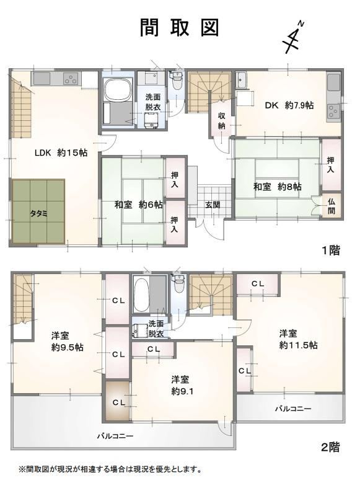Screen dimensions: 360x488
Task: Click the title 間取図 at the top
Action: tap(179, 27)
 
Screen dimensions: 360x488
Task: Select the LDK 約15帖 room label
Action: tap(61, 153)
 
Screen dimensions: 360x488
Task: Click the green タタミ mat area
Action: tap(38, 211)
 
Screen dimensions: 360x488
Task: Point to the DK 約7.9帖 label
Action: tap(289, 105)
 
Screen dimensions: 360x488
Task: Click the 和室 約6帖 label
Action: tap(139, 205)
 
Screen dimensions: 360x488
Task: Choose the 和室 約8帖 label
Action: tap(278, 187)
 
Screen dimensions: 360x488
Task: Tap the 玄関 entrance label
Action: tap(213, 205)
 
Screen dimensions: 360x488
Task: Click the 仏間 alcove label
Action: tap(331, 206)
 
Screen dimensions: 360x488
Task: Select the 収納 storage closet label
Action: tap(221, 121)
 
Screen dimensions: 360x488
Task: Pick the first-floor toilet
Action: tap(177, 81)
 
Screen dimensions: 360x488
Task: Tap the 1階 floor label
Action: tap(330, 251)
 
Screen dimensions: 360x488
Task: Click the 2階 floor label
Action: tap(330, 447)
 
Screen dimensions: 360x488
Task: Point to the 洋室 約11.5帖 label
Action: tap(298, 339)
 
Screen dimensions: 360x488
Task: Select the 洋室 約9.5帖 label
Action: tap(67, 342)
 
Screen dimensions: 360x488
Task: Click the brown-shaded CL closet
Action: tap(118, 401)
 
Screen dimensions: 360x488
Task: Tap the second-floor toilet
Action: tap(178, 283)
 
